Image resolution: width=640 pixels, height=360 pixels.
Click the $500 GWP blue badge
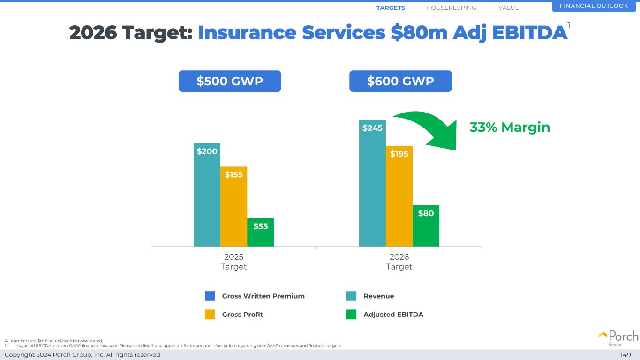230,81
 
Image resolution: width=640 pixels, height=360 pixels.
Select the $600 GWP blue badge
400,81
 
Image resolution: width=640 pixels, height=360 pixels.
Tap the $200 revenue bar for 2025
207,195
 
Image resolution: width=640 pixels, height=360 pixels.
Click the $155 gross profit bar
233,206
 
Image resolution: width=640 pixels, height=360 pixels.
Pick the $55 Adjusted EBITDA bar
260,232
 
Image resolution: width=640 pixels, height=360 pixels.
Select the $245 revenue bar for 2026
372,183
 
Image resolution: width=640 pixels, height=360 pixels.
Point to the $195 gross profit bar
399,196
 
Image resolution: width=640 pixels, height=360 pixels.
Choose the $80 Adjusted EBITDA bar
426,225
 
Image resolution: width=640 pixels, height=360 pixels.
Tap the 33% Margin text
510,127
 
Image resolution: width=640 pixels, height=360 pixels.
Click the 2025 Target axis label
233,262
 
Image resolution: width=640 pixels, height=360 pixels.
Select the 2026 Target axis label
399,262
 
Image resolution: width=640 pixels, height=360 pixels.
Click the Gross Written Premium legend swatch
210,296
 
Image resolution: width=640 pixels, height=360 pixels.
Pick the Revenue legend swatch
351,296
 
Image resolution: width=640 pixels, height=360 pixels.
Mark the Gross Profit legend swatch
210,315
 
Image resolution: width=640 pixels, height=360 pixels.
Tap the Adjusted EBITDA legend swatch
351,315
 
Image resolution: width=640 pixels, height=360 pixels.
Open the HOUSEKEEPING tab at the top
451,7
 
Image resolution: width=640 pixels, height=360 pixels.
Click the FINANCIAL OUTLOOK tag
594,6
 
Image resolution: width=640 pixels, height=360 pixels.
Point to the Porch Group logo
618,337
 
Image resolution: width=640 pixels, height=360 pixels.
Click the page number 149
625,355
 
